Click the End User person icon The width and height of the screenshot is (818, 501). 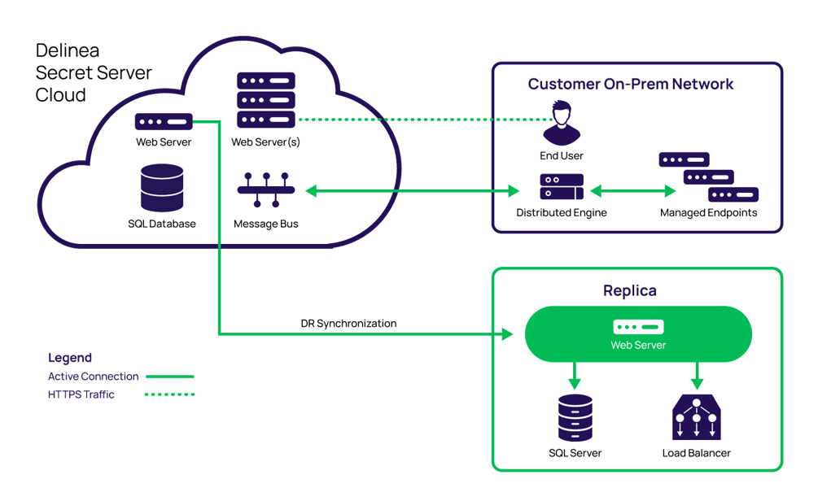click(x=562, y=123)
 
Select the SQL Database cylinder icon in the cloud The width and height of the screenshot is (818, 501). click(x=162, y=188)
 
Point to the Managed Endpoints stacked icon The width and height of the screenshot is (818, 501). click(x=708, y=177)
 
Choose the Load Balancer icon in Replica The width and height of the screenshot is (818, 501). click(x=696, y=417)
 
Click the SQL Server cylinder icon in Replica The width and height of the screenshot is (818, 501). click(x=575, y=418)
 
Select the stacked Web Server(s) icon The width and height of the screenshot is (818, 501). click(x=266, y=100)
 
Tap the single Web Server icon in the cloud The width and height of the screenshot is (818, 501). click(x=164, y=122)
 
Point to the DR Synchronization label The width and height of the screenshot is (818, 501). click(x=348, y=324)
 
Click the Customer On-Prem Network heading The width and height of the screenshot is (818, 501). click(x=631, y=84)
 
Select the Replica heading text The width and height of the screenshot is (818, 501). click(x=629, y=290)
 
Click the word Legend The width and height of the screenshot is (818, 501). click(x=70, y=358)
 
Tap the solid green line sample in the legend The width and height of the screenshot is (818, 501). click(x=169, y=377)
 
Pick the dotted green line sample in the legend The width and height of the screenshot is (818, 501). click(x=169, y=394)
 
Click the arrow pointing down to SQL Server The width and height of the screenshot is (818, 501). click(x=575, y=375)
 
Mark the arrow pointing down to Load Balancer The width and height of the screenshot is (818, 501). click(x=696, y=375)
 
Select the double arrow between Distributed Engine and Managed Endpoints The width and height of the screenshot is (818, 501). click(x=633, y=191)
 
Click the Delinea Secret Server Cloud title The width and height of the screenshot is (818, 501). click(x=93, y=72)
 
